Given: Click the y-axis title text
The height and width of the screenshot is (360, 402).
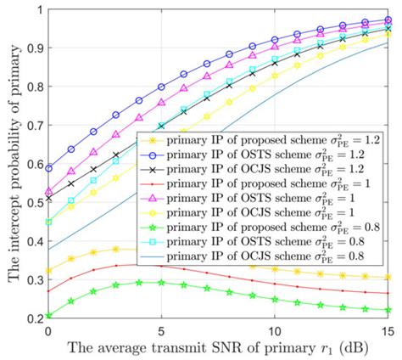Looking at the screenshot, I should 13,161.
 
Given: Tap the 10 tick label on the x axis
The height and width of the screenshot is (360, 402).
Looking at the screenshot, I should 273,329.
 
